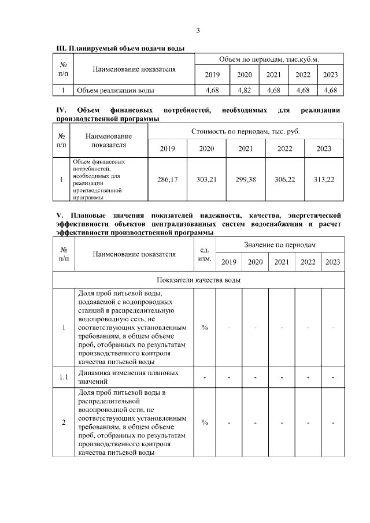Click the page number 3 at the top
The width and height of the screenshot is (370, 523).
pyautogui.click(x=198, y=31)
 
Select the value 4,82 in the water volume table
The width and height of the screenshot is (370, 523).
pyautogui.click(x=245, y=90)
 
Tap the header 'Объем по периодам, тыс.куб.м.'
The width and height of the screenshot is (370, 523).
pyautogui.click(x=269, y=60)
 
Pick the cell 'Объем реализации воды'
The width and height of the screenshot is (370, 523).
pyautogui.click(x=116, y=90)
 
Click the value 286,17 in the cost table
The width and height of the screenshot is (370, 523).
pyautogui.click(x=168, y=180)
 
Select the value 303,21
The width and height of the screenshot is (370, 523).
pyautogui.click(x=206, y=180)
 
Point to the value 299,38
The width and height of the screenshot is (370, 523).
pyautogui.click(x=246, y=180)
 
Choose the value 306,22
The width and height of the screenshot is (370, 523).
pyautogui.click(x=284, y=180)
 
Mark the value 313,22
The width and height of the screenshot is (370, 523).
pyautogui.click(x=324, y=180)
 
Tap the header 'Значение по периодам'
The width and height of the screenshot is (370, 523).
pyautogui.click(x=280, y=246)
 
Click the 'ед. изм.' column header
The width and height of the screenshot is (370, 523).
pyautogui.click(x=204, y=254)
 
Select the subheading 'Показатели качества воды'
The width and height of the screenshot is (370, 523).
pyautogui.click(x=198, y=280)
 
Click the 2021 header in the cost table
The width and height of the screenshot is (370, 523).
pyautogui.click(x=246, y=149)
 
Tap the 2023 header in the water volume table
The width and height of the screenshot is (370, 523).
pyautogui.click(x=331, y=75)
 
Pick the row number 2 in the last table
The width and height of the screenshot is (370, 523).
pyautogui.click(x=64, y=422)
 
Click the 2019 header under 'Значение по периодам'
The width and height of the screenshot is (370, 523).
pyautogui.click(x=229, y=262)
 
